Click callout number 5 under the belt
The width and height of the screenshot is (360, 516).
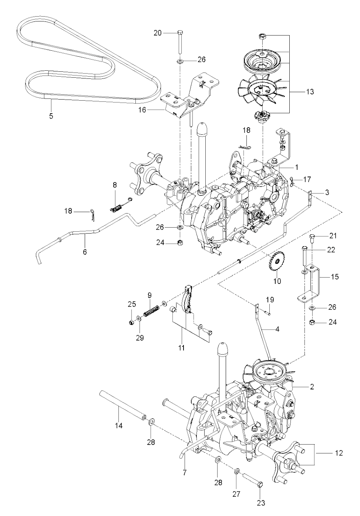coord(51,116)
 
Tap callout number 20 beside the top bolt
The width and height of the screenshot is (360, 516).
coord(158,33)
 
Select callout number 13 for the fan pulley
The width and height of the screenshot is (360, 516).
coord(309,92)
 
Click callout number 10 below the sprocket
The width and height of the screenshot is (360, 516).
coord(277,282)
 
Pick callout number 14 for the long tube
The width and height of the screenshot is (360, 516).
coord(118,425)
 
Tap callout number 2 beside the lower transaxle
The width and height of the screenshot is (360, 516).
coord(311,387)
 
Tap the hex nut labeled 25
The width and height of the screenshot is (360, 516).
coord(131,323)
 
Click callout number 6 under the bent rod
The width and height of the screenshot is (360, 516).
coord(85,252)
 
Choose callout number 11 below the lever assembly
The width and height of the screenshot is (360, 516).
coord(181,348)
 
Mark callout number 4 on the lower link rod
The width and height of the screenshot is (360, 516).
coord(277,330)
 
